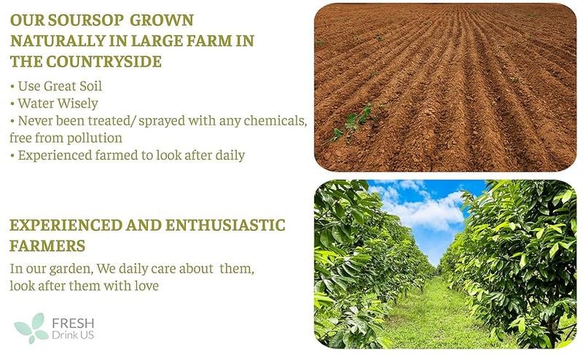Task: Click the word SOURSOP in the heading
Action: click(85, 20)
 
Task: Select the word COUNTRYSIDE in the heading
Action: click(103, 62)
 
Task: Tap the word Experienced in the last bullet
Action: click(55, 155)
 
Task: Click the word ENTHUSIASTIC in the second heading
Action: click(225, 225)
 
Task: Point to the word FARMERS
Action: click(47, 246)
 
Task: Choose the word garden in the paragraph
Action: click(71, 269)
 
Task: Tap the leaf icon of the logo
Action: click(31, 328)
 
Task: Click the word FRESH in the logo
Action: click(74, 323)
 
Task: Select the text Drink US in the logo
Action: click(73, 335)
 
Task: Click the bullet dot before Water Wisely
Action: click(12, 104)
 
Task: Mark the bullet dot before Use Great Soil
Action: click(12, 87)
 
